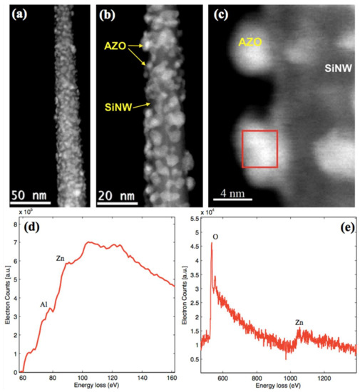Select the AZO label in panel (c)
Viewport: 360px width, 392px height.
tap(250, 43)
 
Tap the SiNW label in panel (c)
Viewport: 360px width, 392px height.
tap(334, 69)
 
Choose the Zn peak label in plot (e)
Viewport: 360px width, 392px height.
tap(301, 323)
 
